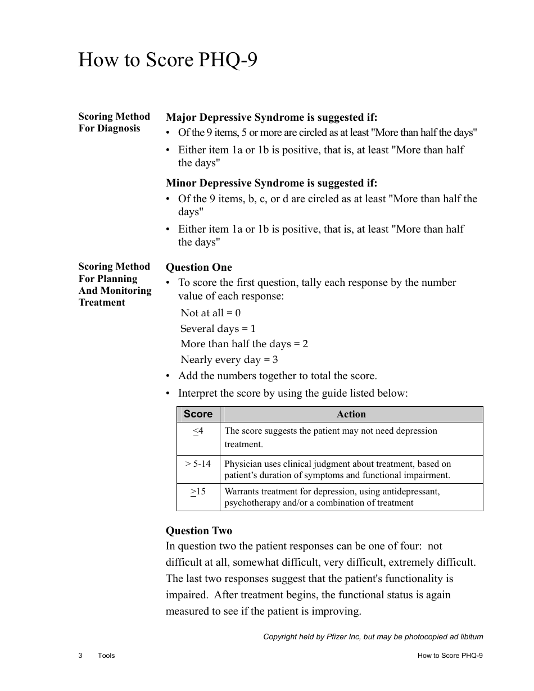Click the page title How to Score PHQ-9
(x=168, y=60)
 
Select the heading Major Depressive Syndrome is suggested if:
(x=271, y=117)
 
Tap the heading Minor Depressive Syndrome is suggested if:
(x=271, y=183)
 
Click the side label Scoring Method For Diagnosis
(x=114, y=122)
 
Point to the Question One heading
(x=198, y=267)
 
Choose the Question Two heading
(x=198, y=531)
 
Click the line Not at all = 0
(x=211, y=313)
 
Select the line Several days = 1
(x=218, y=329)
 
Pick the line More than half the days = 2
(x=244, y=344)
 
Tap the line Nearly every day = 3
(x=229, y=360)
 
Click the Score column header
(x=198, y=414)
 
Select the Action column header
(x=351, y=414)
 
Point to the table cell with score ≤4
(x=198, y=431)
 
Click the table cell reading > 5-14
(x=198, y=464)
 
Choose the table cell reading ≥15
(x=198, y=492)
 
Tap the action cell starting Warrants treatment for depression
(x=332, y=497)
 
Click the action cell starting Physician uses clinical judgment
(x=337, y=470)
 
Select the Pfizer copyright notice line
(x=373, y=637)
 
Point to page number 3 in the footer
(x=80, y=656)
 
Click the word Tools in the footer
(x=106, y=656)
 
